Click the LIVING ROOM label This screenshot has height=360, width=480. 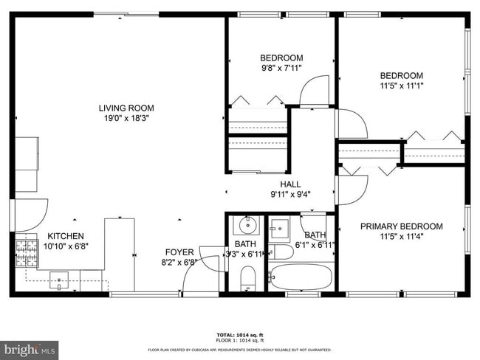[x=126, y=108]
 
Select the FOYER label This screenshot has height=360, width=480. [x=179, y=252]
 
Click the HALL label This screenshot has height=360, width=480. [x=289, y=184]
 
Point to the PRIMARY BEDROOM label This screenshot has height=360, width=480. [x=401, y=226]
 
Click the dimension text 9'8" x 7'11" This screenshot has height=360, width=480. [x=281, y=68]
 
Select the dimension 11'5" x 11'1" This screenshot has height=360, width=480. [x=401, y=86]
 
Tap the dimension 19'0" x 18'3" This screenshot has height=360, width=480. [x=126, y=118]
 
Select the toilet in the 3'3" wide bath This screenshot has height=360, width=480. [x=247, y=278]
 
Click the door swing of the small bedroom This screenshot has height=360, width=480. [x=315, y=93]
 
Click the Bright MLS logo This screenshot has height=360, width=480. [x=30, y=347]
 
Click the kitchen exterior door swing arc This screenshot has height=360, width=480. [x=28, y=214]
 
